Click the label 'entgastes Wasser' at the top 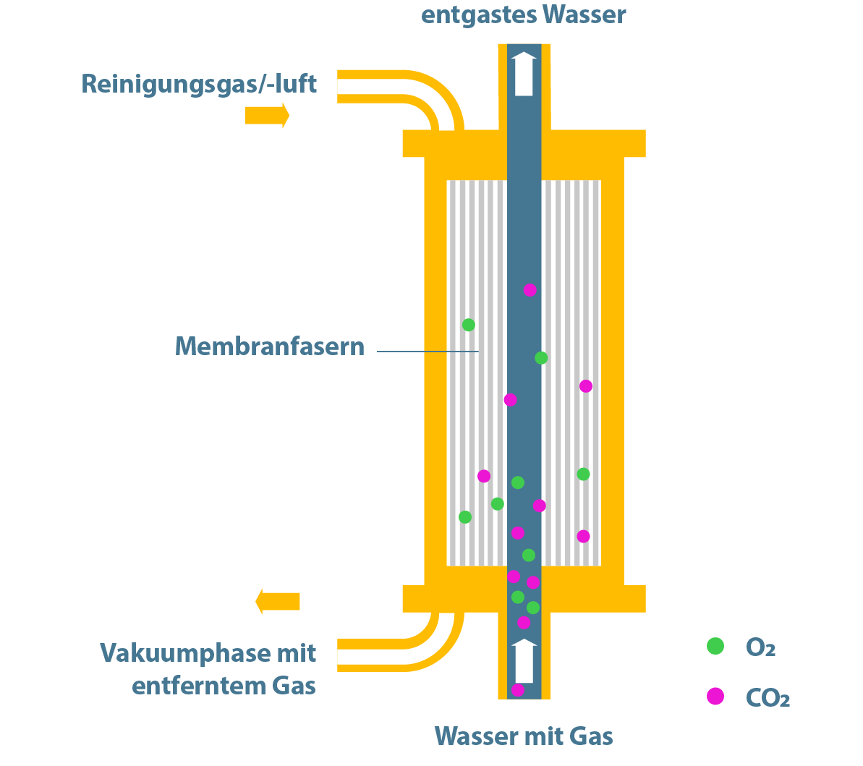coord(523,14)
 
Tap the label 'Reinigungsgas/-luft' coord(199,84)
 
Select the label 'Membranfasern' coord(269,346)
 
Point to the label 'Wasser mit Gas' coord(523,736)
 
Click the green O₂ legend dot coord(715,647)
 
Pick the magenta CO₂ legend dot coord(715,697)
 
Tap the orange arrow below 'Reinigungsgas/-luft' coord(267,115)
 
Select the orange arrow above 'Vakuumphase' coord(278,601)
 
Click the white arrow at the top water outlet coord(524,74)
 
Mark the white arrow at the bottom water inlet coord(524,661)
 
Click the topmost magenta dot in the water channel coord(530,290)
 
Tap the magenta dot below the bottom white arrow coord(518,689)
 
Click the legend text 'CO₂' coord(767,698)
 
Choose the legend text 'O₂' coord(760,647)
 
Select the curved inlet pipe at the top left coord(420,90)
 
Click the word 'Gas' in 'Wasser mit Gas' coord(591,736)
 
